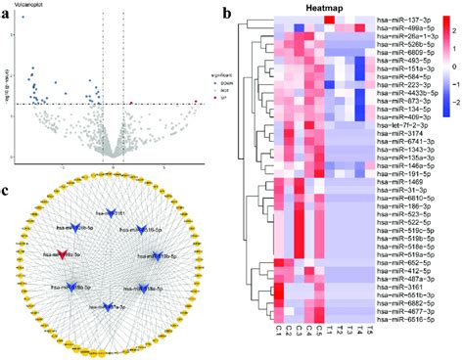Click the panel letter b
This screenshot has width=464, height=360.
point(227,13)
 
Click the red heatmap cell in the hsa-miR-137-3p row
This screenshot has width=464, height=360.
point(330,20)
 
